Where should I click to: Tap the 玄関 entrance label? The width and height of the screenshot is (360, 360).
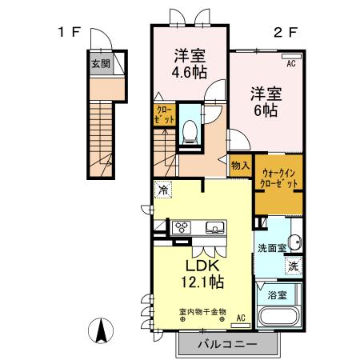[x=100, y=65]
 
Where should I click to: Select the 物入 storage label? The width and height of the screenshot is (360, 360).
[x=241, y=166]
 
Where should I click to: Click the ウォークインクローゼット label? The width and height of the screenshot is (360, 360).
[x=278, y=177]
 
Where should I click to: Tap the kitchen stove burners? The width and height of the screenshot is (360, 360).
[x=181, y=227]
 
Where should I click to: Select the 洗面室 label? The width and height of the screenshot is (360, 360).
[x=271, y=248]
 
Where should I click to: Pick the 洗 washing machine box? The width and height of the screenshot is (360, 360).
[x=294, y=266]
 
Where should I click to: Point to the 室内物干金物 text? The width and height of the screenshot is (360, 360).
[x=202, y=310]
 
